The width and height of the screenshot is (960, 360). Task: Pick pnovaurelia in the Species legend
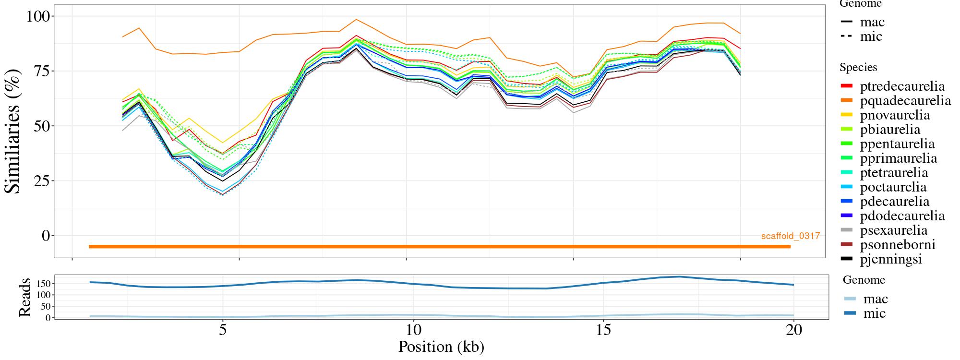(x=895, y=115)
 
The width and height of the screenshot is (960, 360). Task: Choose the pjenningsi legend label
(x=891, y=259)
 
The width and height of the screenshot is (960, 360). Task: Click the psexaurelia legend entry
(x=894, y=230)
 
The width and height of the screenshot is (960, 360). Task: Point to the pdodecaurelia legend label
(x=902, y=216)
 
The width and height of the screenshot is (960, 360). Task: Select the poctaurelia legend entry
(x=893, y=187)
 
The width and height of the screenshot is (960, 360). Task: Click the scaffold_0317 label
(x=790, y=236)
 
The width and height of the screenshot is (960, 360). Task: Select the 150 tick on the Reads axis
(x=43, y=284)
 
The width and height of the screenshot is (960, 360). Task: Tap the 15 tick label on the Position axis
(x=603, y=330)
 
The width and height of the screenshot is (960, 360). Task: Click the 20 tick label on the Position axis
(x=794, y=330)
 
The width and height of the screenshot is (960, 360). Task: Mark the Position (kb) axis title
(x=441, y=347)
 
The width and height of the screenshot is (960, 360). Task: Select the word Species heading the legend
(x=858, y=68)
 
